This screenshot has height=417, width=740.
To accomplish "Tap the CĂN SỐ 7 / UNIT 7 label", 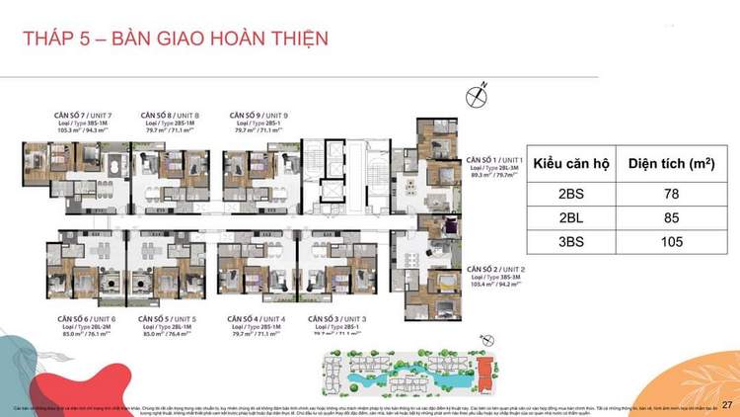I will click(x=83, y=115).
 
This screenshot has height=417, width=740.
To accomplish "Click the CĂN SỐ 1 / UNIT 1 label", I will click(x=494, y=159).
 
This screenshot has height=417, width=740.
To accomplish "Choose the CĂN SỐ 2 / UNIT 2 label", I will click(x=496, y=270).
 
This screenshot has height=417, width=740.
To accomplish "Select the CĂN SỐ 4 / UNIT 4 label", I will click(x=257, y=319).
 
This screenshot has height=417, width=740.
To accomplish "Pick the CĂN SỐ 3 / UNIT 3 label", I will click(x=337, y=319).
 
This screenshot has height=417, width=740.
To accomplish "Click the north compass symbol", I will click(x=479, y=96).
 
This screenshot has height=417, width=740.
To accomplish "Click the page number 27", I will click(x=727, y=405).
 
